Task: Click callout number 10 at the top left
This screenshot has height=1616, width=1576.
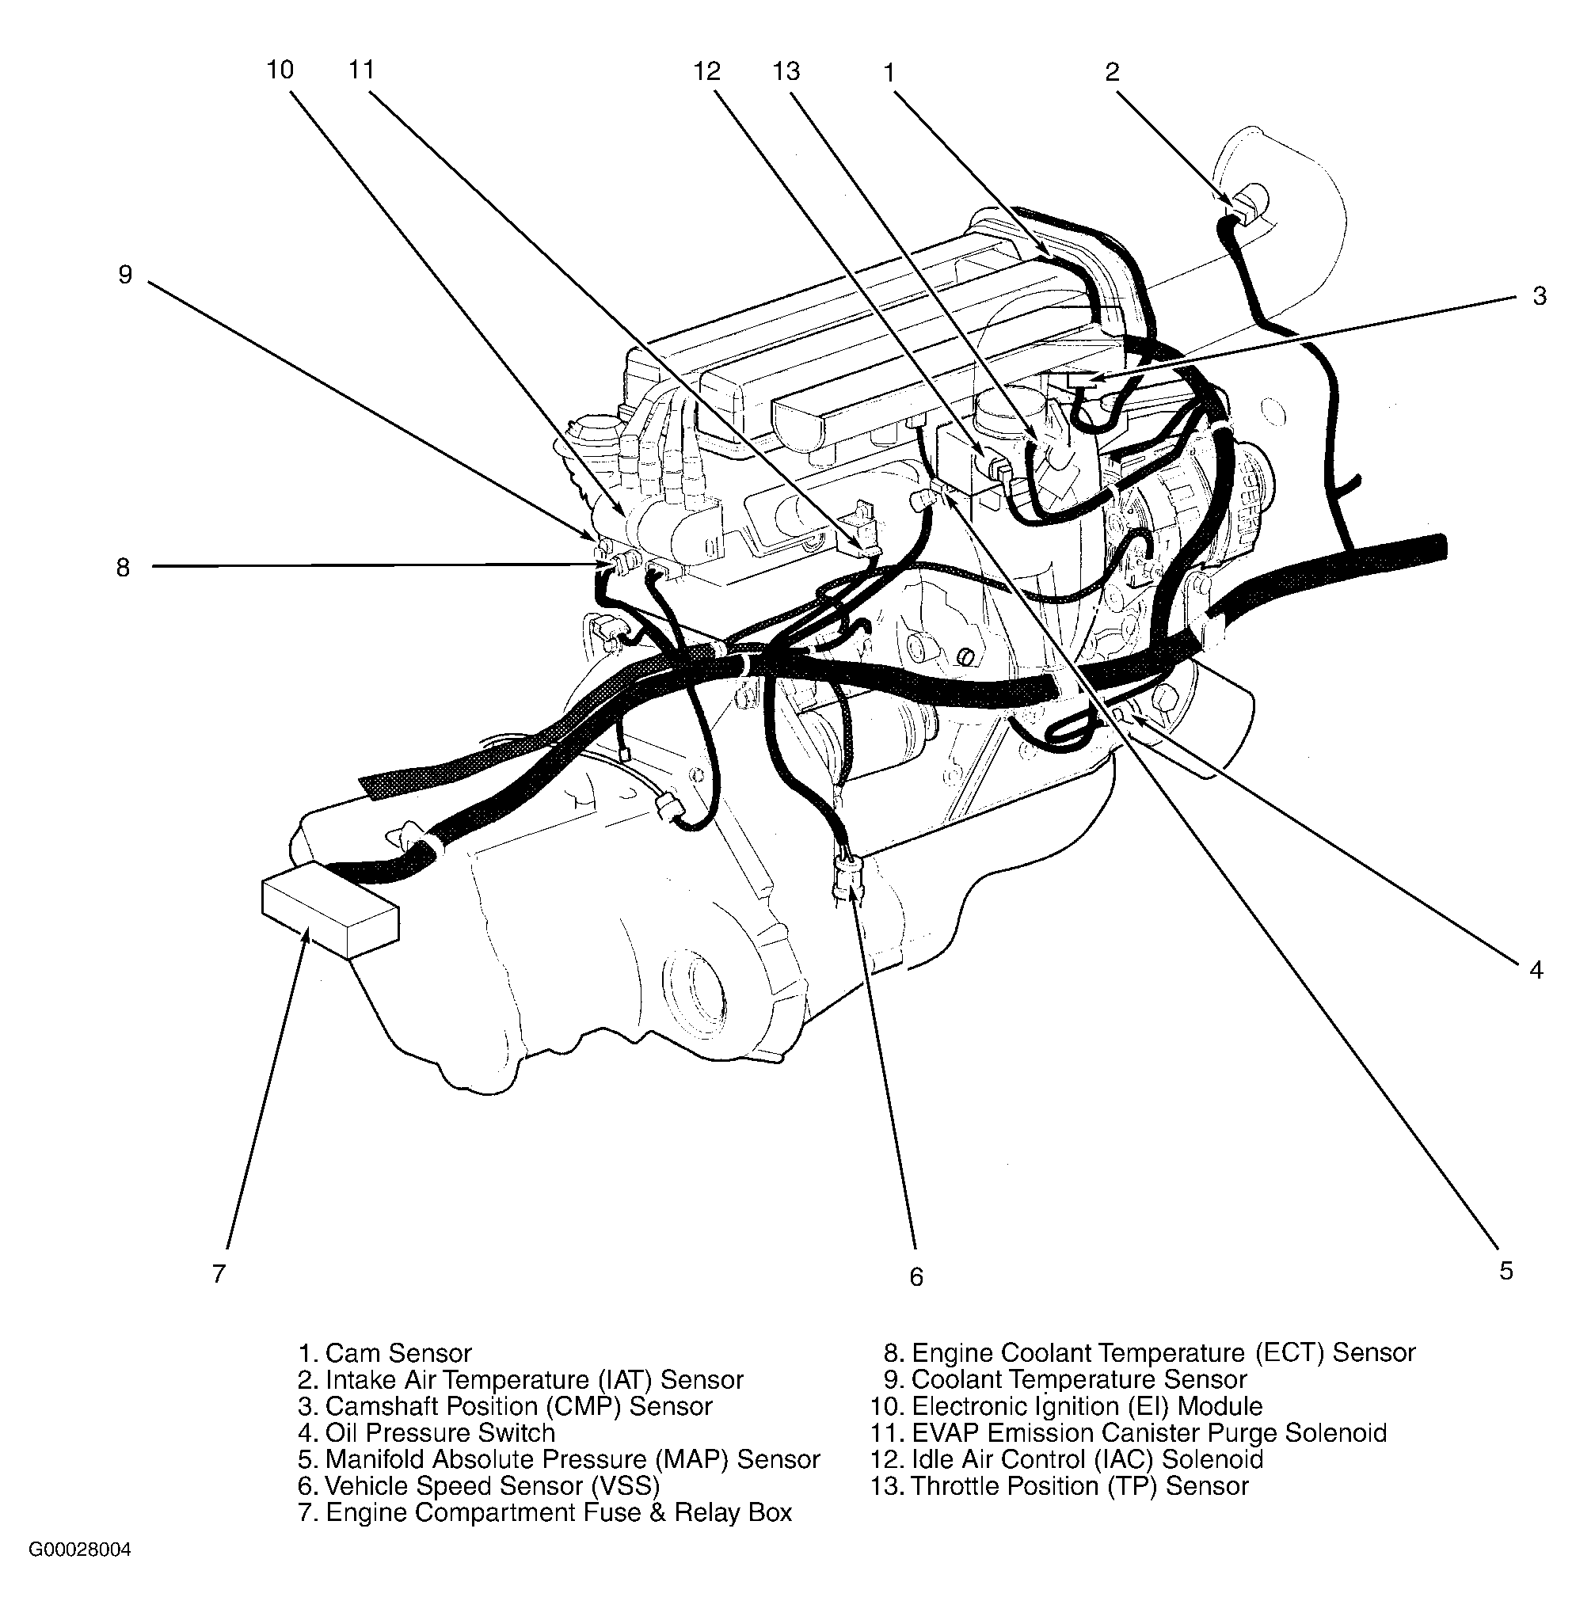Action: (280, 70)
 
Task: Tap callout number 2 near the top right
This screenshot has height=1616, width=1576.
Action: (1112, 72)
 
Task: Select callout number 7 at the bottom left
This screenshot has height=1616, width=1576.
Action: (219, 1273)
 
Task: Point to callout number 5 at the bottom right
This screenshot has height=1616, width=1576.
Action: (1506, 1271)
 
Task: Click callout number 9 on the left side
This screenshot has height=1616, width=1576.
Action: (125, 275)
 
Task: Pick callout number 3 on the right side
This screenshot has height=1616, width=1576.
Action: (1539, 296)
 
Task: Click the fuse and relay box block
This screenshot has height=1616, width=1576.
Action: (329, 908)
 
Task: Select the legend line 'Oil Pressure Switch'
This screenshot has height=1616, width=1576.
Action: (440, 1432)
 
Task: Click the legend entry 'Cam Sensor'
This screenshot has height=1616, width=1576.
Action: (398, 1353)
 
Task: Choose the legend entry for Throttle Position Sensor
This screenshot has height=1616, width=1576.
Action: (1079, 1485)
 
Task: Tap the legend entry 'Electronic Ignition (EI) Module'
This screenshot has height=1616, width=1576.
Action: (1086, 1406)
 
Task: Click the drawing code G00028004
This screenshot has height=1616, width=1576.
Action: (79, 1549)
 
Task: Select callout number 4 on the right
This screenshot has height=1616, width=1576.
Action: (1536, 970)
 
